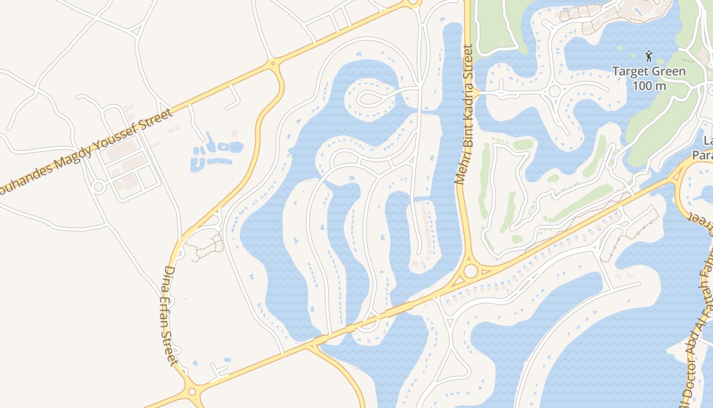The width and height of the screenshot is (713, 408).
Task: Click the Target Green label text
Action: pyautogui.click(x=649, y=71)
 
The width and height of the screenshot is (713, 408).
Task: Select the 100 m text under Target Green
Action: pyautogui.click(x=649, y=85)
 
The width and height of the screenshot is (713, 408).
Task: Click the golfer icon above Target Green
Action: pyautogui.click(x=648, y=56)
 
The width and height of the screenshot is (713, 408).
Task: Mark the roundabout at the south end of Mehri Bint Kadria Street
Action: pyautogui.click(x=471, y=271)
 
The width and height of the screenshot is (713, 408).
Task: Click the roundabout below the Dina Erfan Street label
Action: pyautogui.click(x=192, y=392)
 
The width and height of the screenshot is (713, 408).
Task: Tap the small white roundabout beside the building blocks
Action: pyautogui.click(x=99, y=187)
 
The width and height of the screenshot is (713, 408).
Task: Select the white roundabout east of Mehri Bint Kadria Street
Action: pyautogui.click(x=554, y=92)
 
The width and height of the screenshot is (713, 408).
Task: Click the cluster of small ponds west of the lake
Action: pyautogui.click(x=216, y=152)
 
